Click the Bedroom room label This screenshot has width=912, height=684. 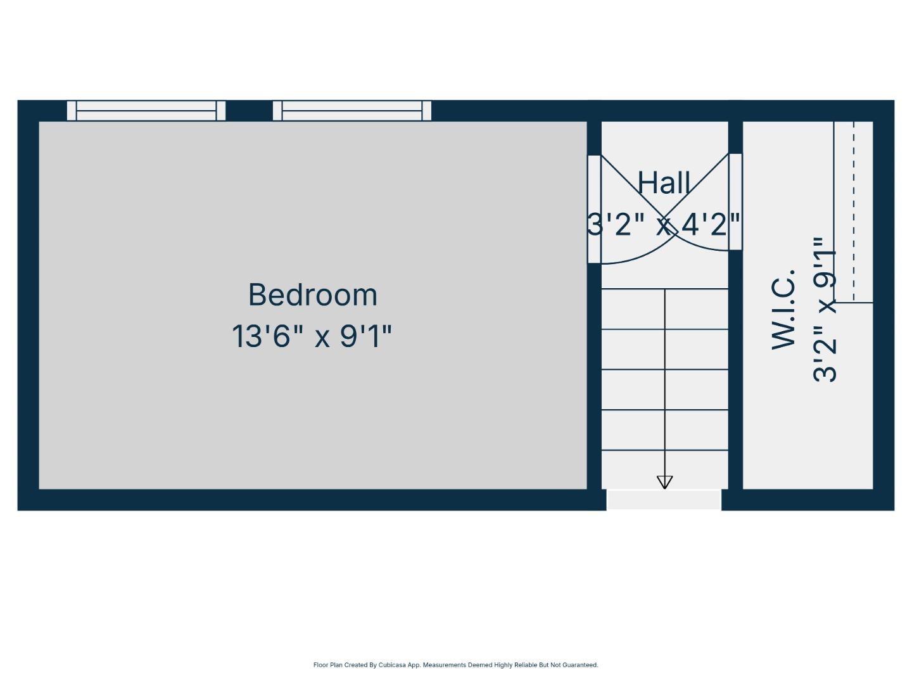pyautogui.click(x=312, y=295)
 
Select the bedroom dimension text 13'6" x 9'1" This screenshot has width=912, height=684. pyautogui.click(x=312, y=336)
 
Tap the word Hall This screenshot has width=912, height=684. pyautogui.click(x=663, y=183)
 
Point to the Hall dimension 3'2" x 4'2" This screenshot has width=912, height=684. pyautogui.click(x=663, y=224)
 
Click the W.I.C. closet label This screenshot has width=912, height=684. pyautogui.click(x=783, y=309)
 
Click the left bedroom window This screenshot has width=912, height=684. pyautogui.click(x=146, y=111)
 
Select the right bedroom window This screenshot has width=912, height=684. pyautogui.click(x=352, y=111)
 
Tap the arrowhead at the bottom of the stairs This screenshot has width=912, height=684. pyautogui.click(x=664, y=483)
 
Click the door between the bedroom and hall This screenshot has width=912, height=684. pyautogui.click(x=594, y=209)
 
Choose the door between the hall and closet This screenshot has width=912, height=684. pyautogui.click(x=735, y=202)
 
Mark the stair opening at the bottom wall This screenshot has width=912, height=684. pyautogui.click(x=664, y=500)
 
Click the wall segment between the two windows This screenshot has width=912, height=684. pyautogui.click(x=249, y=111)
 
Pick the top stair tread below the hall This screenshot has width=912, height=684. pyautogui.click(x=664, y=309)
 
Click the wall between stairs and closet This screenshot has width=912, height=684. pyautogui.click(x=735, y=380)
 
